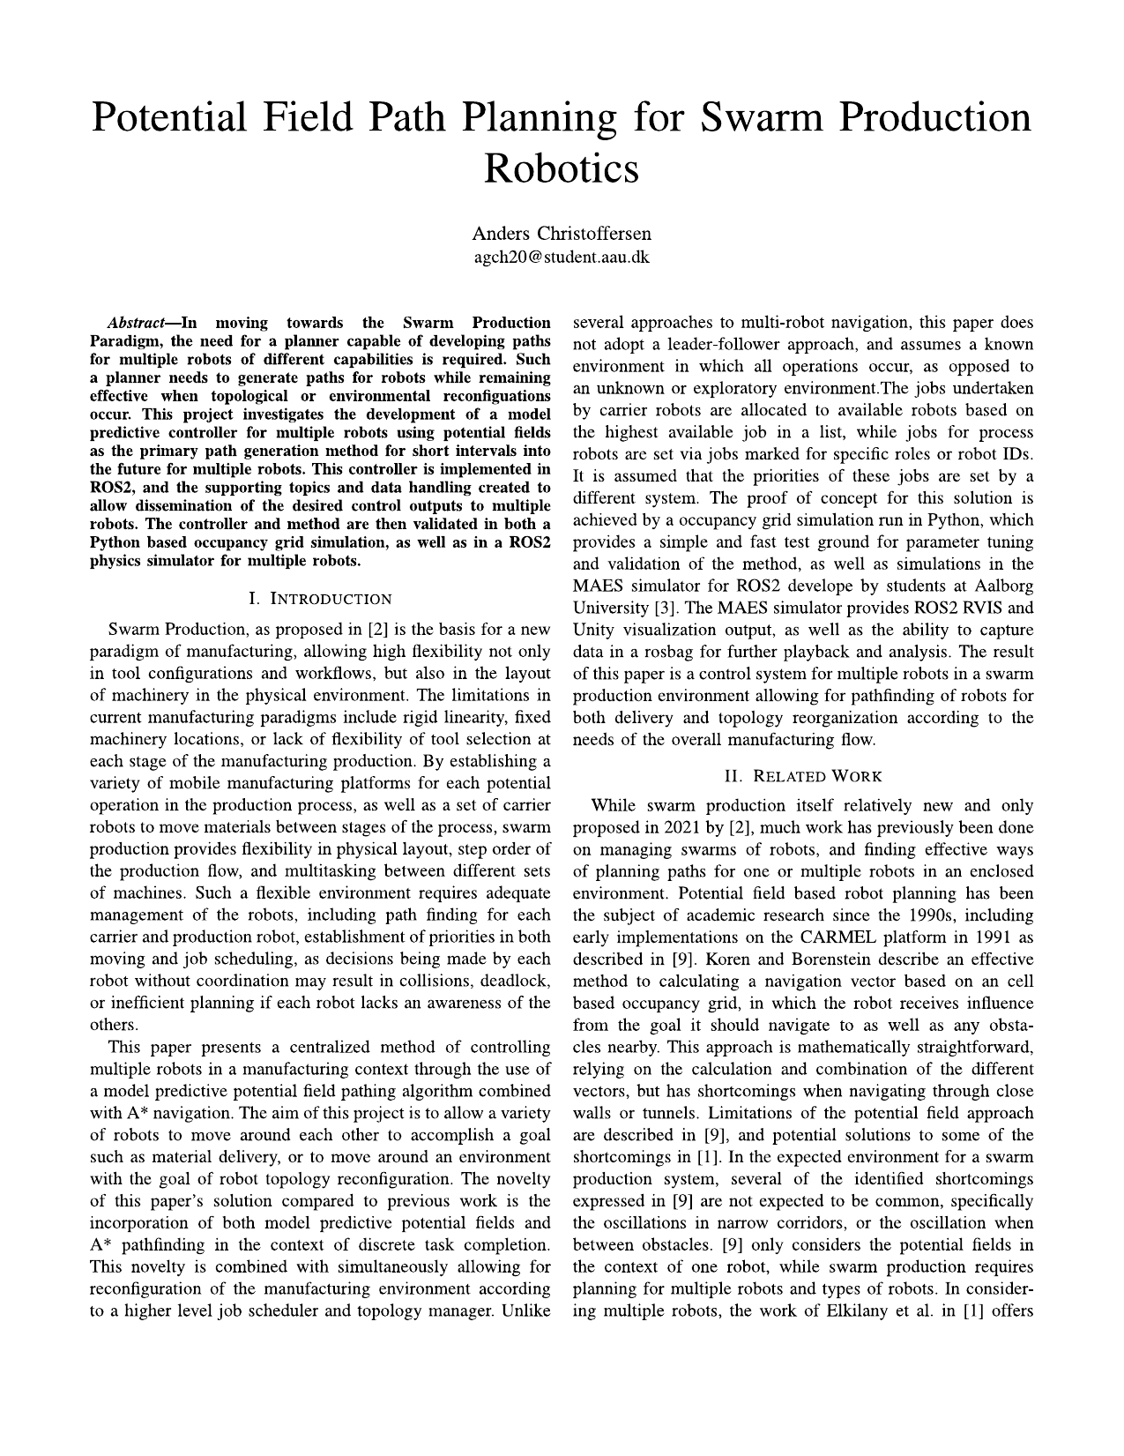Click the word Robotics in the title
pyautogui.click(x=562, y=168)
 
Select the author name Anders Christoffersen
pyautogui.click(x=562, y=234)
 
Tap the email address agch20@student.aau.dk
pyautogui.click(x=562, y=258)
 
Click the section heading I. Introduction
pyautogui.click(x=320, y=600)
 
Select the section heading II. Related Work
pyautogui.click(x=802, y=776)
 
